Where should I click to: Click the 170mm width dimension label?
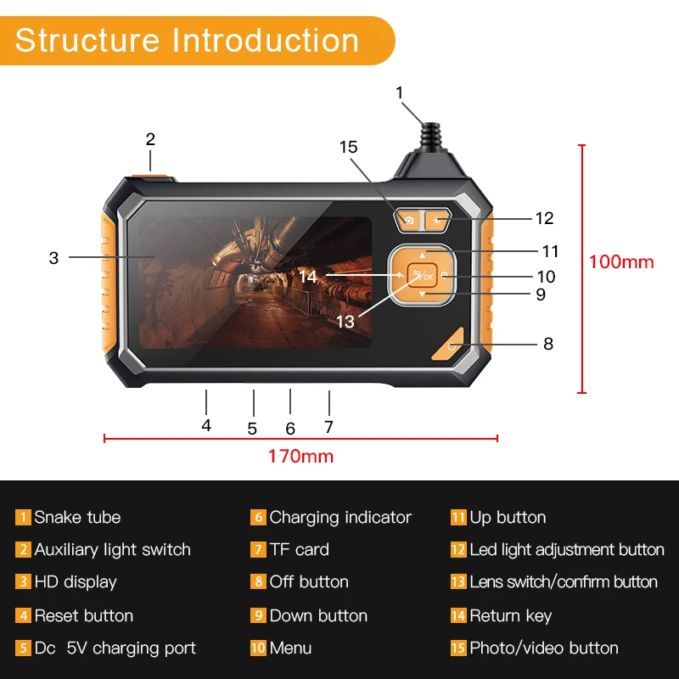[x=300, y=457]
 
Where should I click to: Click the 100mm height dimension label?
[x=621, y=261]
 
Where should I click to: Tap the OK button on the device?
[x=422, y=276]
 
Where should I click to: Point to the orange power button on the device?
[x=450, y=345]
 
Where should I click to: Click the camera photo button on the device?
[x=409, y=221]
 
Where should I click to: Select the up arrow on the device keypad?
[x=423, y=254]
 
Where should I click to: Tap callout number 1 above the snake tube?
[x=400, y=93]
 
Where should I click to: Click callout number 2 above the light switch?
[x=150, y=139]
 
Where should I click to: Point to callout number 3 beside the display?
[x=53, y=257]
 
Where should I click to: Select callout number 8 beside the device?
[x=548, y=344]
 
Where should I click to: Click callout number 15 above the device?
[x=349, y=147]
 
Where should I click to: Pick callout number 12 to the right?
[x=544, y=218]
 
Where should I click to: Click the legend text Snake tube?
[x=77, y=518]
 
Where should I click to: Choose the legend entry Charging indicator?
[x=340, y=518]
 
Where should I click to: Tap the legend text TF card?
[x=299, y=550]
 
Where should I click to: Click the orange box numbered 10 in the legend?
[x=258, y=648]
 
